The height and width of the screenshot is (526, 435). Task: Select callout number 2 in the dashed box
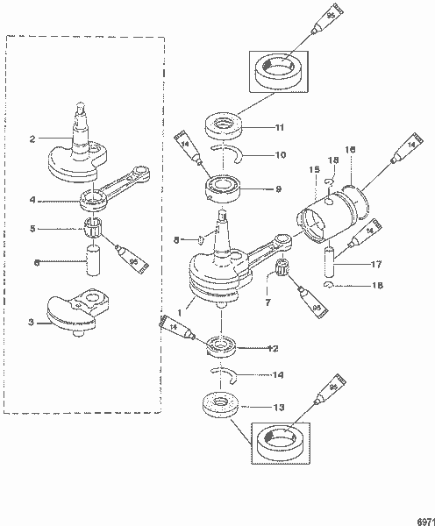pos(32,138)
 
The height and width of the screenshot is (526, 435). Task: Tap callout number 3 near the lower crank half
pos(32,323)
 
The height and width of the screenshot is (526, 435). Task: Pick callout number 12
pos(273,348)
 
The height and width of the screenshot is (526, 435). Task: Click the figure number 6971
pos(423,519)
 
